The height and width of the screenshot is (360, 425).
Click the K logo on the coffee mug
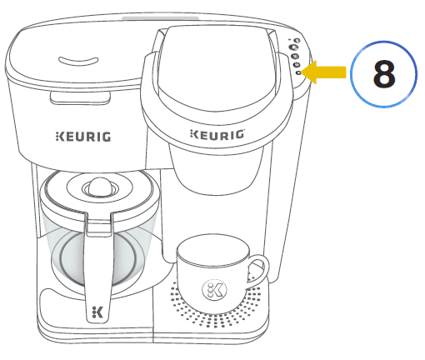tap(214, 290)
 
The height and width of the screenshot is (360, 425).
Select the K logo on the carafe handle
tap(98, 312)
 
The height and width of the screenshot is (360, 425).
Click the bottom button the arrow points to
tap(297, 72)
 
